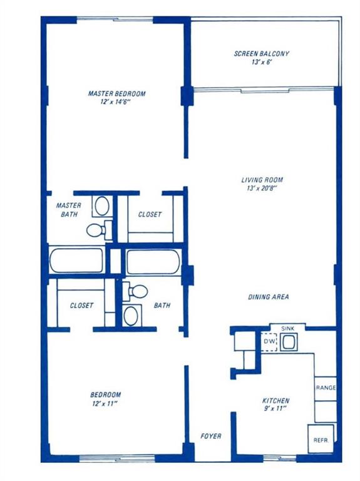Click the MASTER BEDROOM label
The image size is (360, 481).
click(x=116, y=93)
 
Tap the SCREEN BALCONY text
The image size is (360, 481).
click(x=262, y=54)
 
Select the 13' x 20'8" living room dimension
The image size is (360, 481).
click(x=260, y=190)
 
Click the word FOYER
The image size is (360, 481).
click(x=210, y=436)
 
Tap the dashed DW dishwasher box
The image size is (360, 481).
click(x=269, y=342)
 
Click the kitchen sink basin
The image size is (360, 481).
click(x=289, y=343)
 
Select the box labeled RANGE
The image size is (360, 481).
click(x=325, y=388)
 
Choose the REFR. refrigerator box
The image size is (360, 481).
click(x=320, y=440)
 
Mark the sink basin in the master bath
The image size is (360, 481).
click(x=100, y=205)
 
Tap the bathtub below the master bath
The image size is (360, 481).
click(x=77, y=261)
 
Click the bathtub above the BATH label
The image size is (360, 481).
click(x=153, y=261)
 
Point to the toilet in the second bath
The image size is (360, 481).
click(x=138, y=291)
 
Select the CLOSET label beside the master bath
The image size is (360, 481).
click(x=150, y=214)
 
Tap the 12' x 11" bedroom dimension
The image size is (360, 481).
click(x=106, y=404)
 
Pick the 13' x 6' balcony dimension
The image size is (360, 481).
click(x=262, y=63)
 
